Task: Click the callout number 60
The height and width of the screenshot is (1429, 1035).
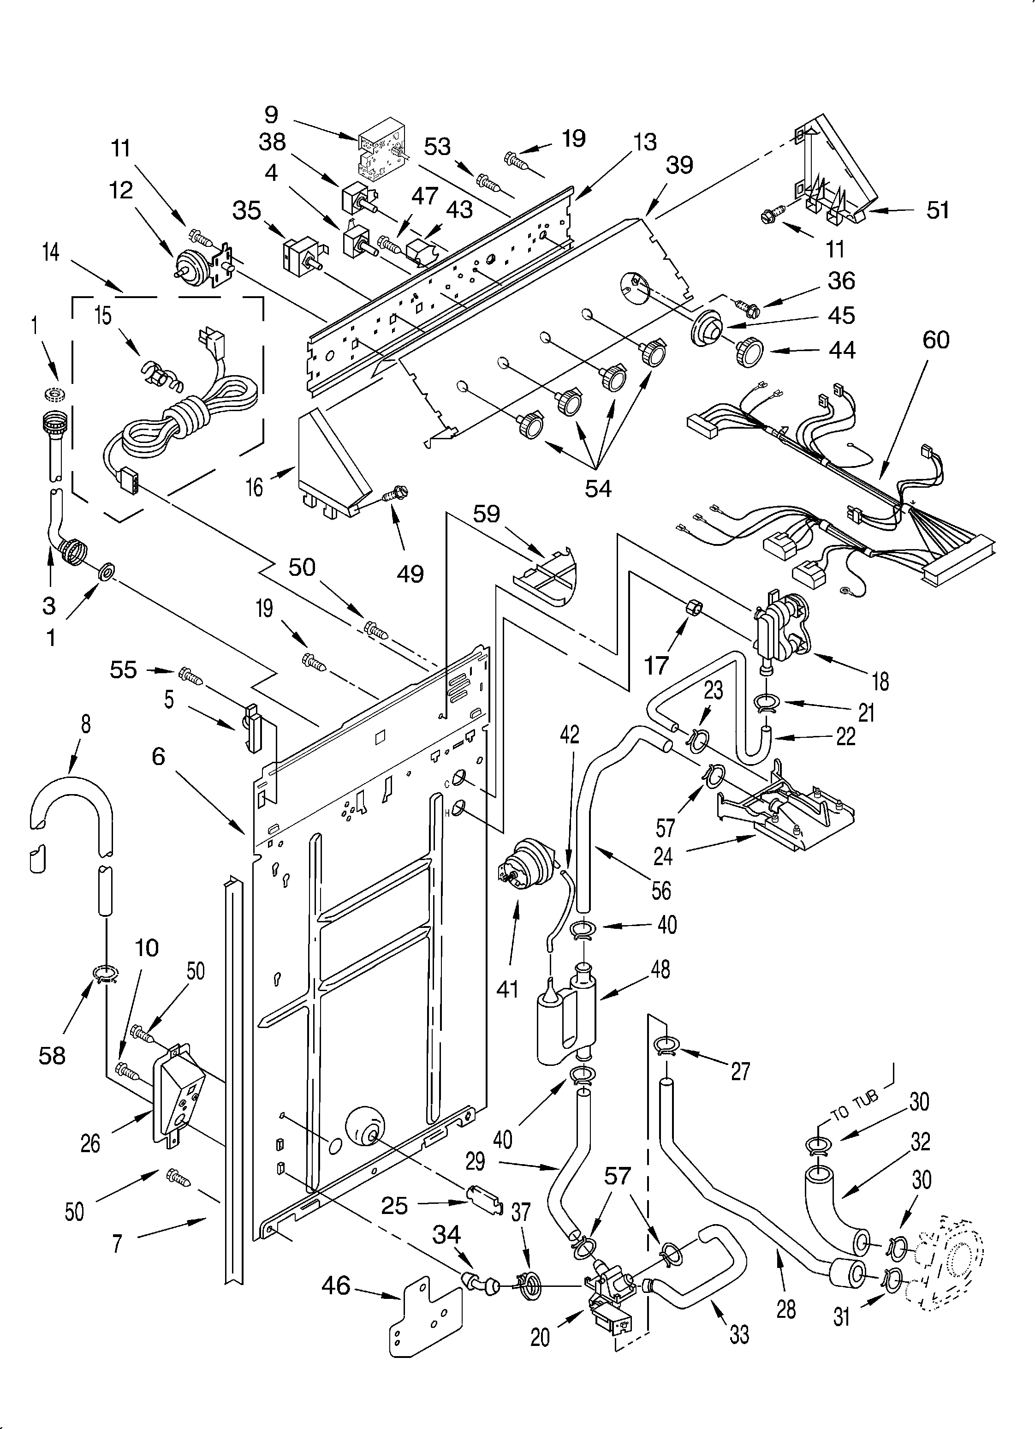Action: [x=935, y=340]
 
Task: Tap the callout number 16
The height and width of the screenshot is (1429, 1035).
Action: [x=254, y=487]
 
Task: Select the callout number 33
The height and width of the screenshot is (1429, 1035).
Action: [x=739, y=1334]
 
